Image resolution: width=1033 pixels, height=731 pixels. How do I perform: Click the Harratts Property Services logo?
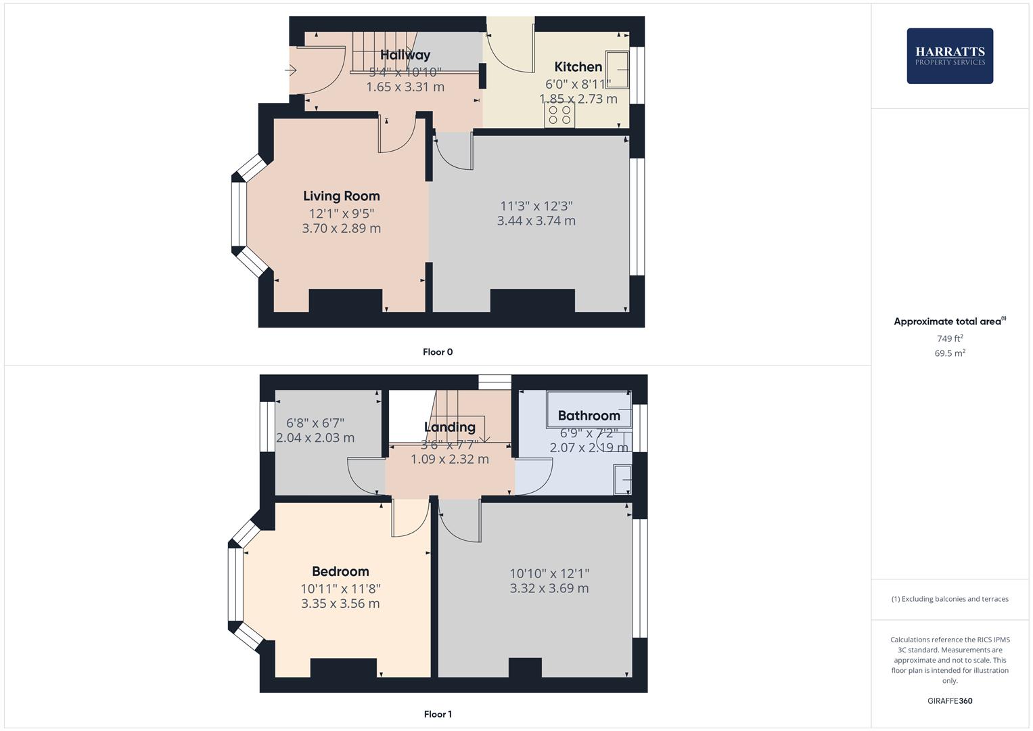click(949, 56)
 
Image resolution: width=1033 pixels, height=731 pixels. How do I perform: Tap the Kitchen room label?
click(578, 66)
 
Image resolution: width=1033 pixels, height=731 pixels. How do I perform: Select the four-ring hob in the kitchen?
click(559, 115)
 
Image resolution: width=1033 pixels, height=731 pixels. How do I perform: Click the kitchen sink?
click(617, 70)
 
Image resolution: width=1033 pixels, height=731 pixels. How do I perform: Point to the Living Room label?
click(341, 196)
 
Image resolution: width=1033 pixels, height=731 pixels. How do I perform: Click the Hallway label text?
click(405, 55)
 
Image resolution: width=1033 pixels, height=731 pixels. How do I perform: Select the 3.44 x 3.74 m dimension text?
click(536, 221)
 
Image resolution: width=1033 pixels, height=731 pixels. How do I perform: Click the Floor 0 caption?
click(438, 352)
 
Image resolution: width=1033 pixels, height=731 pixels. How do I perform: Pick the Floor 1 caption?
click(438, 714)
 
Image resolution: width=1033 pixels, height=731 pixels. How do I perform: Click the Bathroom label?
click(589, 416)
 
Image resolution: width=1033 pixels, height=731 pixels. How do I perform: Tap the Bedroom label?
click(340, 572)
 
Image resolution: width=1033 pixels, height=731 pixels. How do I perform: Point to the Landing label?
click(449, 427)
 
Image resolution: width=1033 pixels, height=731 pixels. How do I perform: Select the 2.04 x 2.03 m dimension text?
click(315, 438)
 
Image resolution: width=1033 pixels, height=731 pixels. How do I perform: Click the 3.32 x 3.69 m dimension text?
click(549, 589)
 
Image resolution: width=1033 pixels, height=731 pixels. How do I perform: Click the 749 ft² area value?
click(950, 338)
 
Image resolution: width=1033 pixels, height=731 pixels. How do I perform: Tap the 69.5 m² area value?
click(950, 353)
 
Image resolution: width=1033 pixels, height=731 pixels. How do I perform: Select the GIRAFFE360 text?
click(950, 701)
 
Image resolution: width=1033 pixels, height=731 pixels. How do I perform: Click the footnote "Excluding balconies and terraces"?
click(950, 599)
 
